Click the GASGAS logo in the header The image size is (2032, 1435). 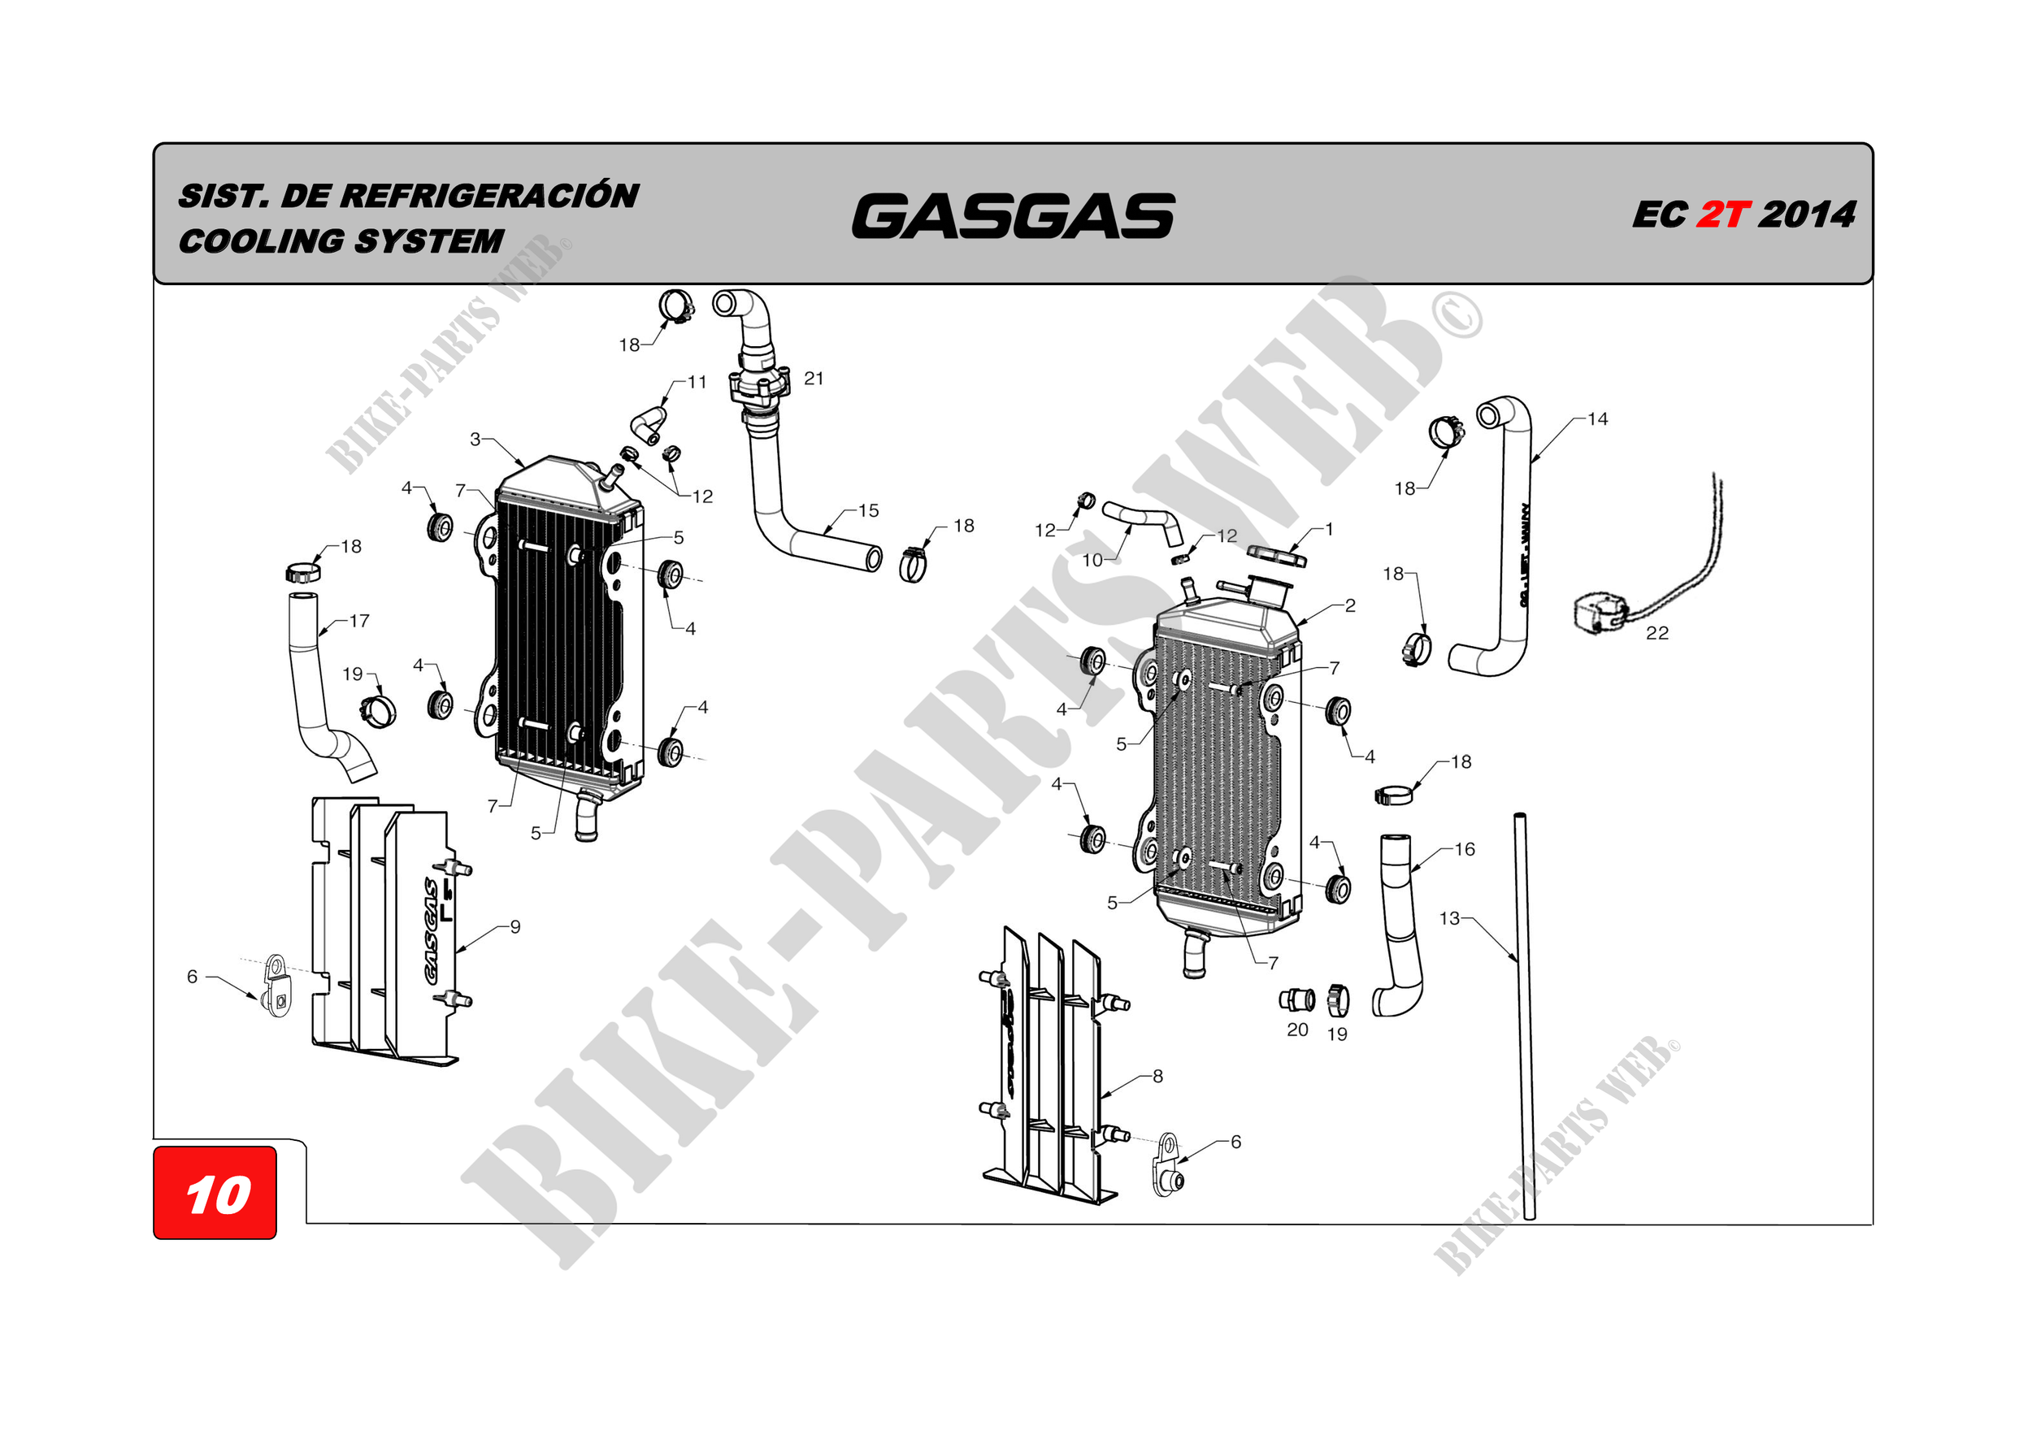click(x=1013, y=217)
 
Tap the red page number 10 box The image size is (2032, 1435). click(x=215, y=1194)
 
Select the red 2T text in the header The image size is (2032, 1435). click(x=1722, y=215)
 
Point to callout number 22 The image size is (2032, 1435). click(x=1656, y=634)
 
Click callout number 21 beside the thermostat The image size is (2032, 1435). click(x=814, y=379)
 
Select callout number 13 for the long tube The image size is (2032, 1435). click(x=1448, y=918)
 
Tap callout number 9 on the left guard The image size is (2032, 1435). click(x=515, y=927)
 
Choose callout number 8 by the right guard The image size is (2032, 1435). click(x=1157, y=1077)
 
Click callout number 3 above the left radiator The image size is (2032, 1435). click(x=475, y=439)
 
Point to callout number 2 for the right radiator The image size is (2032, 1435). click(x=1349, y=606)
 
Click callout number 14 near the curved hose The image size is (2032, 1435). click(x=1597, y=419)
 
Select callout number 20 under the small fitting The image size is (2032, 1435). click(x=1297, y=1030)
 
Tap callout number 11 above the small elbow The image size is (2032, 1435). click(x=697, y=382)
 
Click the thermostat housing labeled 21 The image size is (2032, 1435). click(x=758, y=387)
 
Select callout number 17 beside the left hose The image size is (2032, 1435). click(x=359, y=621)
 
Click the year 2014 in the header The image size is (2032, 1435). click(x=1806, y=215)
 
